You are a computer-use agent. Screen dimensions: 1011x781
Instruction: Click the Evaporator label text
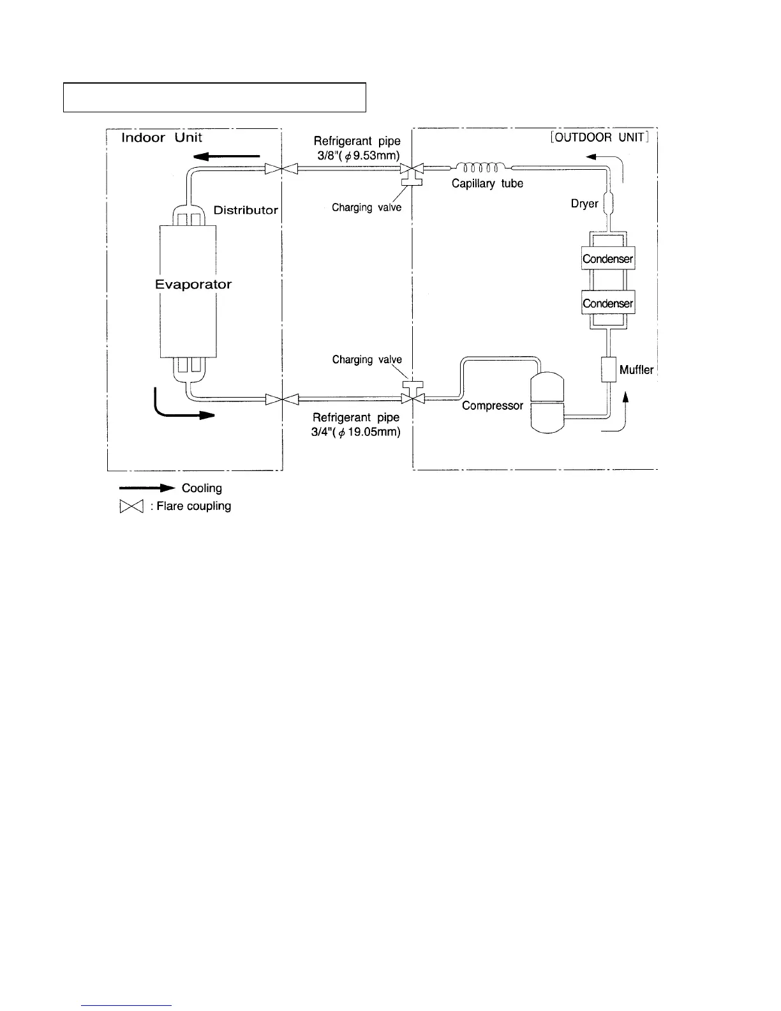tap(193, 285)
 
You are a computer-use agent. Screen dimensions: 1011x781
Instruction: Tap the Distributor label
tap(246, 210)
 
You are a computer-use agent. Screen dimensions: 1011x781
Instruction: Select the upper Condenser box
tap(608, 259)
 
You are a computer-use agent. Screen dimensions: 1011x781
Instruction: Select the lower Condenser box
tap(608, 303)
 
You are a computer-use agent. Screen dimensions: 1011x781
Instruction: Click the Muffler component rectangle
tap(609, 369)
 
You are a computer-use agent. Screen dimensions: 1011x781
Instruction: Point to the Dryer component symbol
tap(608, 203)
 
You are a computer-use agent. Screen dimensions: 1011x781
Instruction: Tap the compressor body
tap(547, 403)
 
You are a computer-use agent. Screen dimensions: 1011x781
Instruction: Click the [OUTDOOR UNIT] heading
tap(599, 137)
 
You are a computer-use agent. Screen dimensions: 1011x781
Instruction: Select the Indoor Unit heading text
tap(162, 137)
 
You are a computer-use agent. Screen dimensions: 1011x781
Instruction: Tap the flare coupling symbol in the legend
tap(130, 507)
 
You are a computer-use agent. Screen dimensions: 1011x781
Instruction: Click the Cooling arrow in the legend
tap(147, 488)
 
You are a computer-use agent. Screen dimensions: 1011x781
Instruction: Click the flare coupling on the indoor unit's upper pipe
tap(282, 168)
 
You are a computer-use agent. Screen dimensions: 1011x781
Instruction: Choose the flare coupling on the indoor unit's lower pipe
tap(282, 400)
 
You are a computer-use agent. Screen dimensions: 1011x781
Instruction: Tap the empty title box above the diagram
tap(214, 97)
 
